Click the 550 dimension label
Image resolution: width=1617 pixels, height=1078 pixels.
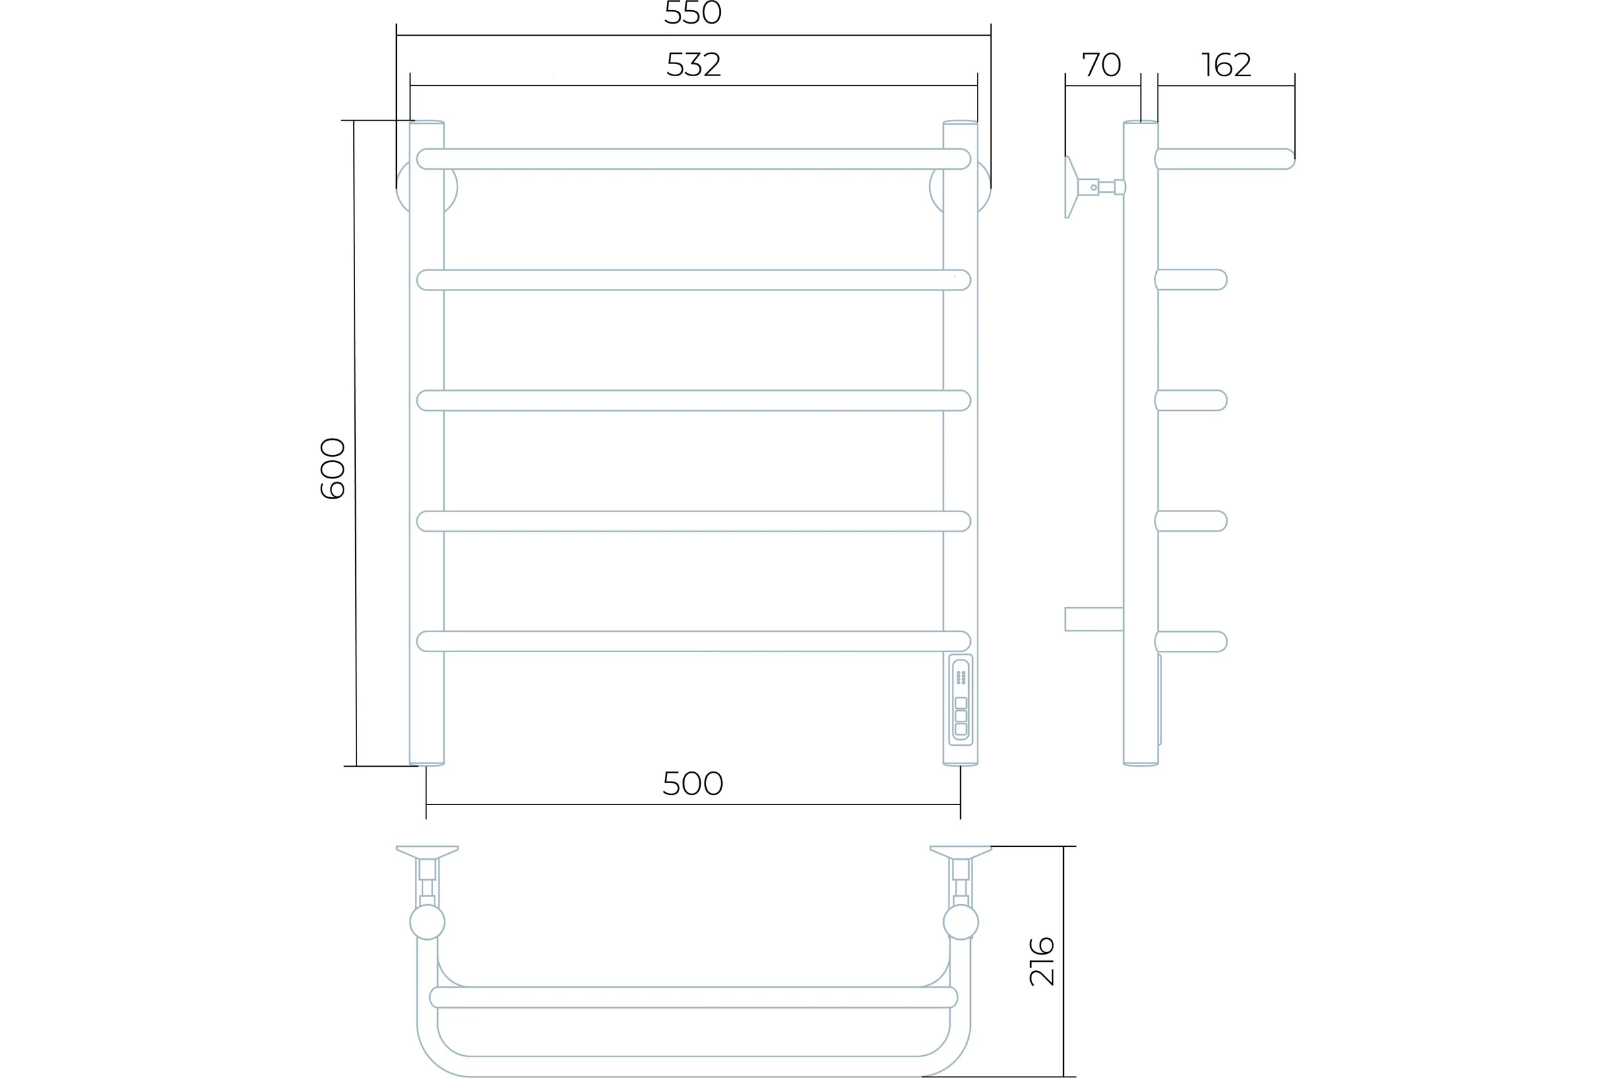(693, 12)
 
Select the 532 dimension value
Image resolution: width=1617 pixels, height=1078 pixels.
(693, 65)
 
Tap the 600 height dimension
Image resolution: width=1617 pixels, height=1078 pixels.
(333, 468)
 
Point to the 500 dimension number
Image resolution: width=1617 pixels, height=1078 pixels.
(693, 783)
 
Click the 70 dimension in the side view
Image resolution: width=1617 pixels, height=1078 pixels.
(1102, 65)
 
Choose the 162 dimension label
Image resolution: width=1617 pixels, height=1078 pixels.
(1226, 65)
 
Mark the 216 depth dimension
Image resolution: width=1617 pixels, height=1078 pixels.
(1042, 961)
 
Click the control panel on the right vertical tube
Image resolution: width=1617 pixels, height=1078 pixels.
(961, 700)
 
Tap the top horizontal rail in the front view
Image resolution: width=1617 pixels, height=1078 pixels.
(693, 159)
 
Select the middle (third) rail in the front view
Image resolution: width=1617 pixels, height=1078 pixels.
(693, 400)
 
